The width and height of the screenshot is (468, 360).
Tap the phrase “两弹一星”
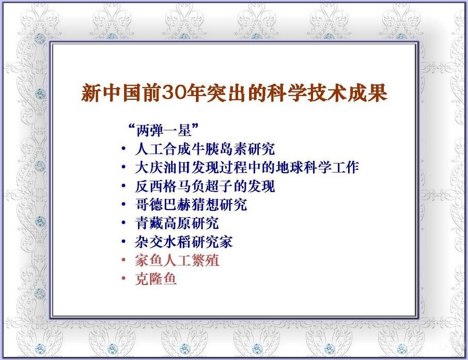click(x=163, y=130)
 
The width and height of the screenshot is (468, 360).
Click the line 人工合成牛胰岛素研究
click(x=205, y=149)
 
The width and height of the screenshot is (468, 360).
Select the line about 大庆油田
click(x=247, y=167)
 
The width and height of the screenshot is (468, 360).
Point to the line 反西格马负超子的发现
click(x=205, y=186)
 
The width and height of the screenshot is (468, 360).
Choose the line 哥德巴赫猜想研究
click(x=191, y=205)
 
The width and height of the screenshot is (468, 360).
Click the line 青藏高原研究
click(x=177, y=223)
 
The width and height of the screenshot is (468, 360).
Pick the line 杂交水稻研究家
click(x=184, y=242)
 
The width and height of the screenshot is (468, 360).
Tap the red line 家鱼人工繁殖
click(x=177, y=260)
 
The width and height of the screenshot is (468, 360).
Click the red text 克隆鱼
click(x=156, y=279)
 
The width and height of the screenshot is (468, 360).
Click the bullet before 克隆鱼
click(x=123, y=278)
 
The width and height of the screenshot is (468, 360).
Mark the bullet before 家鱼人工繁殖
click(x=123, y=260)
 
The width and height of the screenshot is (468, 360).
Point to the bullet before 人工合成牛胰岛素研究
click(x=123, y=148)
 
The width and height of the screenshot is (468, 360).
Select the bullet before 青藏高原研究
click(x=123, y=223)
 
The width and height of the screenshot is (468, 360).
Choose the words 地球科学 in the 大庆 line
click(x=303, y=167)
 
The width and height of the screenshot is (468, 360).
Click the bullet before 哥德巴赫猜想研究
click(x=123, y=204)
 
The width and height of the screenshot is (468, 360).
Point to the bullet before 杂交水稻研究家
click(x=123, y=241)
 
